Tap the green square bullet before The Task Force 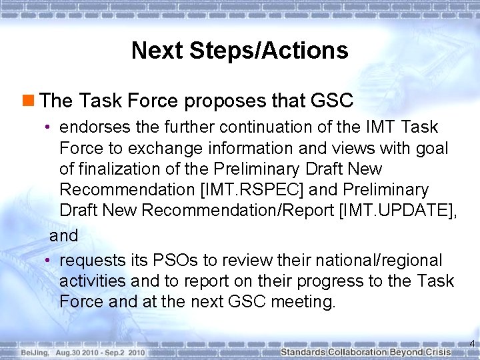click(x=29, y=101)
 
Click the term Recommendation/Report click(x=239, y=211)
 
